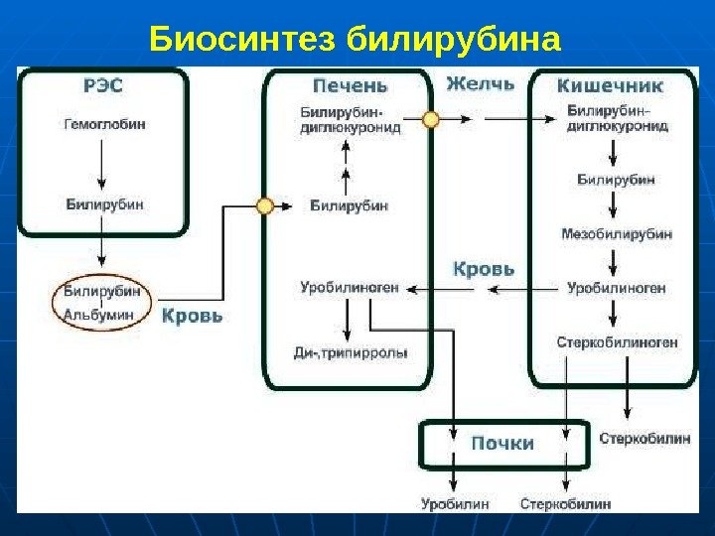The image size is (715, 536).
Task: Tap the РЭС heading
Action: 103,86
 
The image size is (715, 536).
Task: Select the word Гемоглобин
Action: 104,127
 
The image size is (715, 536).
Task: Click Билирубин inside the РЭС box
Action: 104,203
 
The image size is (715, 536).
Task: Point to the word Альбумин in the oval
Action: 98,315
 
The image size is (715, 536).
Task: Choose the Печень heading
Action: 351,85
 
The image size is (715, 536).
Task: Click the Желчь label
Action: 481,83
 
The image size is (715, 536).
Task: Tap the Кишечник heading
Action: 610,86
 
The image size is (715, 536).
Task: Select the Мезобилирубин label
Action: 617,234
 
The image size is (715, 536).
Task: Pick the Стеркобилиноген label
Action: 617,342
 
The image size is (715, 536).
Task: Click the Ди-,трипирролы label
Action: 351,352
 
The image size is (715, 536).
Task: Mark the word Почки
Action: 502,443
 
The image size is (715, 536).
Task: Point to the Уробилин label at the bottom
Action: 454,504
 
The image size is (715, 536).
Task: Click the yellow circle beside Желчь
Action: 431,119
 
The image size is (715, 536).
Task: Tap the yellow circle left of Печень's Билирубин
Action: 265,206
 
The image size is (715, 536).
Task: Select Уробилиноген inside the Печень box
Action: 350,288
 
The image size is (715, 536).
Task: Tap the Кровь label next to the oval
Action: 192,317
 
